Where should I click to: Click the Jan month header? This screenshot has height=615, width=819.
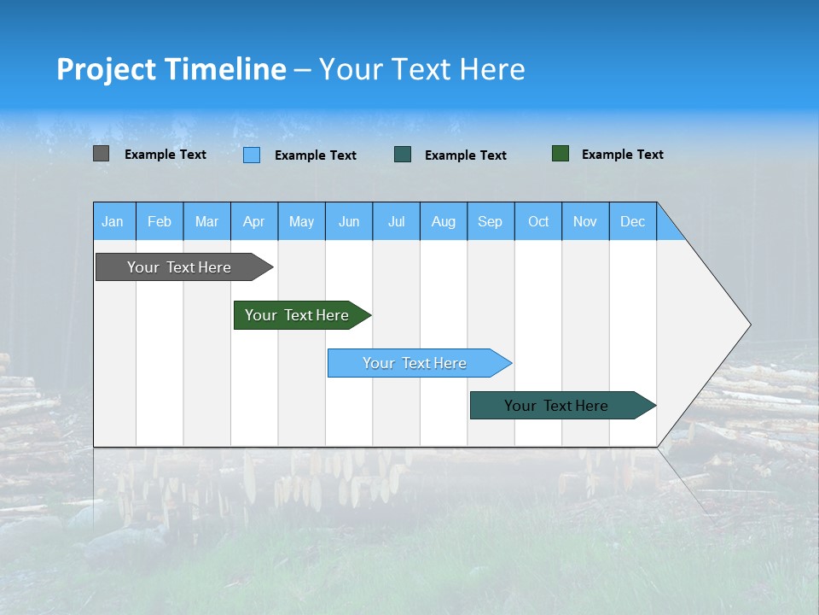tap(113, 221)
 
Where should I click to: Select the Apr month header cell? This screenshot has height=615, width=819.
tap(254, 221)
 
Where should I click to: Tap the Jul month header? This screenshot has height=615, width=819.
tap(396, 221)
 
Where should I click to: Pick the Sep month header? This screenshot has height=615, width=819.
tap(491, 221)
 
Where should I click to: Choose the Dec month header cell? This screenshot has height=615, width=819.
tap(632, 221)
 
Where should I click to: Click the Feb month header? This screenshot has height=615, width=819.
tap(160, 221)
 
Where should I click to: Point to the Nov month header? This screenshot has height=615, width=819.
tap(585, 221)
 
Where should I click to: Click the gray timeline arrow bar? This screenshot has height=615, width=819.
tap(180, 267)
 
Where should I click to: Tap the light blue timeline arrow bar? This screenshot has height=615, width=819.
tap(415, 363)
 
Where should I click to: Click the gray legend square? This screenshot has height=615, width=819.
tap(101, 154)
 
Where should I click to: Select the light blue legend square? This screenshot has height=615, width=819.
tap(252, 155)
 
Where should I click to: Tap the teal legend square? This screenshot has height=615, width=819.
tap(403, 154)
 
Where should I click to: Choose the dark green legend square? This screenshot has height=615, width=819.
tap(561, 153)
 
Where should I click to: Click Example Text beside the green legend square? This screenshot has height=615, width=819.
tap(622, 155)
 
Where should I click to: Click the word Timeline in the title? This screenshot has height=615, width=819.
tap(224, 69)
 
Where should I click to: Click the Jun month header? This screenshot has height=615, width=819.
tap(349, 221)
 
